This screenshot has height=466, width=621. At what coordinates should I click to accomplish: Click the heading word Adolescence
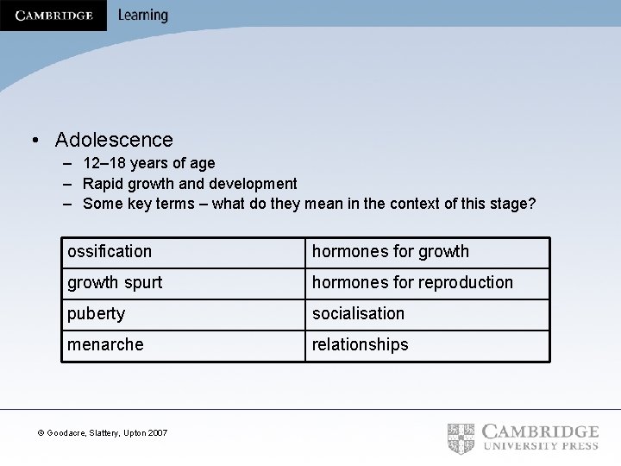[x=114, y=140]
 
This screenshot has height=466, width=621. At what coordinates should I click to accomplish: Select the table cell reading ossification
[x=110, y=252]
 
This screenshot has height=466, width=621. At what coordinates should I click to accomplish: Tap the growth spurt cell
[x=115, y=283]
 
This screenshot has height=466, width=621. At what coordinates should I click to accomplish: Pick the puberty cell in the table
[x=96, y=314]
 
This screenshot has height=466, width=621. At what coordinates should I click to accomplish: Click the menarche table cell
[x=105, y=345]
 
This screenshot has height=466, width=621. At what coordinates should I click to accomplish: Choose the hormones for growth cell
[x=390, y=252]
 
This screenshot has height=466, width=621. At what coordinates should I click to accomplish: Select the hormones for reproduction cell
[x=412, y=283]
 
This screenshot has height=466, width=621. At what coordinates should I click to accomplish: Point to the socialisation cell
[x=358, y=314]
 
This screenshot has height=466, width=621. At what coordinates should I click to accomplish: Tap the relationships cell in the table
[x=360, y=345]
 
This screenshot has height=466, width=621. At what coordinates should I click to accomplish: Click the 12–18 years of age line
[x=149, y=163]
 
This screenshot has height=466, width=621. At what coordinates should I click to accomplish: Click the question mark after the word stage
[x=532, y=205]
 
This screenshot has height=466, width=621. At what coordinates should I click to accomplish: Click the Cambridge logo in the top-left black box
[x=53, y=16]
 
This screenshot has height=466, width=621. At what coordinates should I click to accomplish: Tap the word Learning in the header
[x=142, y=16]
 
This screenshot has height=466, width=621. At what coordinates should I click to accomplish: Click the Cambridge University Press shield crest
[x=461, y=438]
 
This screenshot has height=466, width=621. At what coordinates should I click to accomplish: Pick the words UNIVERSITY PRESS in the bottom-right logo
[x=541, y=446]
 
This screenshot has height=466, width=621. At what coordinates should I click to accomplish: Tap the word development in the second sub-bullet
[x=254, y=184]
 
